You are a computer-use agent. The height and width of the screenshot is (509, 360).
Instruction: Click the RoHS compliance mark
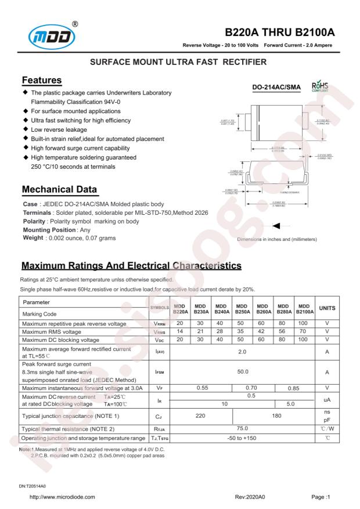click(x=321, y=87)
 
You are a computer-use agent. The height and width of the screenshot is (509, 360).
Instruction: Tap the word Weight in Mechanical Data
click(x=33, y=238)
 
